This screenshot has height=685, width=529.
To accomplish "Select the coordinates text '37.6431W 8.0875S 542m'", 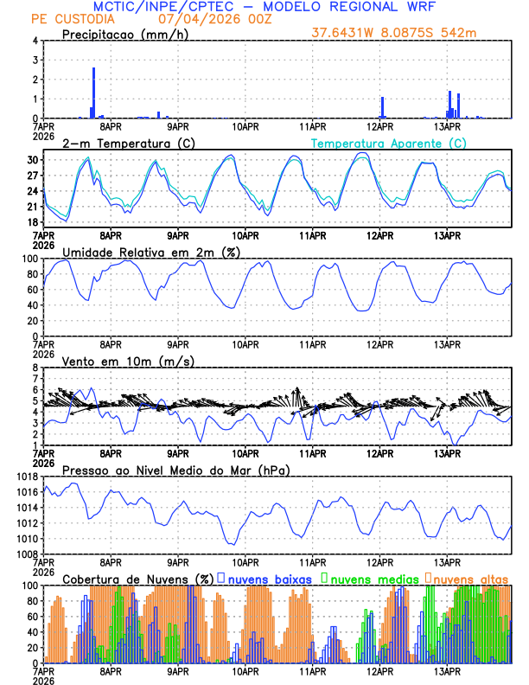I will [394, 34].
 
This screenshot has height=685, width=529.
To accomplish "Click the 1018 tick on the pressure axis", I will [25, 477].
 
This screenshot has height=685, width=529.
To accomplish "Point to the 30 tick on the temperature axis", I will [31, 160].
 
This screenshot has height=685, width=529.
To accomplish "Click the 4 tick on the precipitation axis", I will [35, 41].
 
